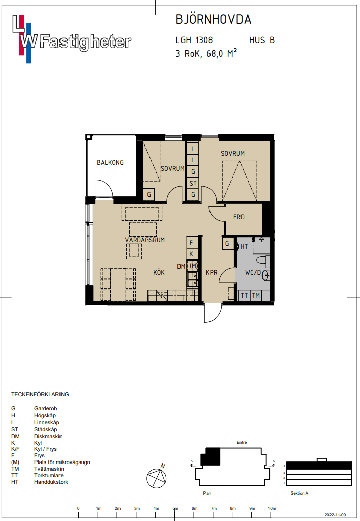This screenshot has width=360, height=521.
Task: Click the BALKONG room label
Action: [x=110, y=162]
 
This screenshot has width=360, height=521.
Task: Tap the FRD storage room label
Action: [x=239, y=217]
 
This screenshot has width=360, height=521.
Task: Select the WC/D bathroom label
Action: [x=253, y=273]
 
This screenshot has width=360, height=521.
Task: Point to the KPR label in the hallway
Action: [x=212, y=273]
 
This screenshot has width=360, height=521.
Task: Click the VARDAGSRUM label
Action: [x=145, y=240]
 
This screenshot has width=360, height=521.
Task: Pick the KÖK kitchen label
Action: [x=159, y=273]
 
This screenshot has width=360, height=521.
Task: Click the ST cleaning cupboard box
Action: [x=193, y=183]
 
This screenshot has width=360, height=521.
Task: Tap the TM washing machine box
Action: [x=256, y=295]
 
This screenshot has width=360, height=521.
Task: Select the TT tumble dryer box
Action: [x=244, y=295]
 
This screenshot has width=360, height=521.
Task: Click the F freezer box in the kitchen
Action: [x=192, y=243]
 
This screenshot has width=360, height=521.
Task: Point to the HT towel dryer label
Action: [x=244, y=247]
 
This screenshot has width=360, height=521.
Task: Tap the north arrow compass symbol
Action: [x=157, y=477]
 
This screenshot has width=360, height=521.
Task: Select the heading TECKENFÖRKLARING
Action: [x=40, y=394]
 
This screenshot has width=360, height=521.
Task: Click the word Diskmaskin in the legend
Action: [x=48, y=436]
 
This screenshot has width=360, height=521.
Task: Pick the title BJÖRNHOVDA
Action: [x=214, y=20]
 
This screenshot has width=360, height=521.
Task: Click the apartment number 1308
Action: [x=204, y=40]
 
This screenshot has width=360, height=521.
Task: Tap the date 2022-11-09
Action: [x=335, y=515]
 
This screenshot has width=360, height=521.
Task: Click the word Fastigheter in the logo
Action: [x=86, y=42]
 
